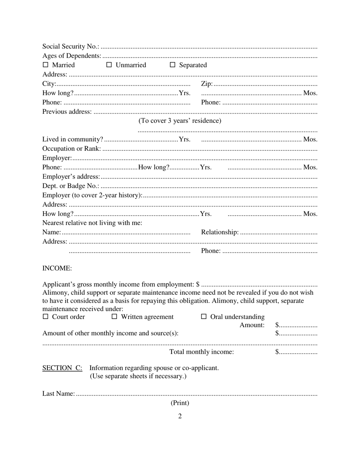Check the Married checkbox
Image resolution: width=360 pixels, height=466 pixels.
pos(45,65)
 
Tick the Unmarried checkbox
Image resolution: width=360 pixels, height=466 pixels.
pos(109,65)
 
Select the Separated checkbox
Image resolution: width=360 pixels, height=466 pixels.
pos(172,65)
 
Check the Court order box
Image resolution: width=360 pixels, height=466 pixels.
pos(45,317)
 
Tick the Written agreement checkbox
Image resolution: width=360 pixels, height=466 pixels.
pos(114,317)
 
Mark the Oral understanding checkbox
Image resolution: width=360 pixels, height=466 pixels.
pos(203,317)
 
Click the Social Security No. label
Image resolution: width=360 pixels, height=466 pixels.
pos(70,46)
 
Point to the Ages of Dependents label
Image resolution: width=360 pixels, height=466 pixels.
pos(72,56)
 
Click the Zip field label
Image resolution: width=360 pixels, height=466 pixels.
pos(207,84)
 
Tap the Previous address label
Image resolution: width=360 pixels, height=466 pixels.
pos(67,111)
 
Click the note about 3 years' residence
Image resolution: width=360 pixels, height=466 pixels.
pos(180,121)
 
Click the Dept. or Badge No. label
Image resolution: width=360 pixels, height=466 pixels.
pos(70,186)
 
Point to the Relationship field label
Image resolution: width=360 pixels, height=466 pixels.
pos(220,232)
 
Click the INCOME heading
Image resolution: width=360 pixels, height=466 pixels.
pos(57,268)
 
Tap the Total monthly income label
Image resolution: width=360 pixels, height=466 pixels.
pos(202,352)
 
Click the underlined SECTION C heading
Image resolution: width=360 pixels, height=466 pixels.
pos(62,368)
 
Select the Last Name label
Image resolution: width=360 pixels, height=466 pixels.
pos(58,394)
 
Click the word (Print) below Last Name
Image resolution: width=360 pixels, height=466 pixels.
pos(180,403)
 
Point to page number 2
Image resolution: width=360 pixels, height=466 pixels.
pos(180,416)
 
